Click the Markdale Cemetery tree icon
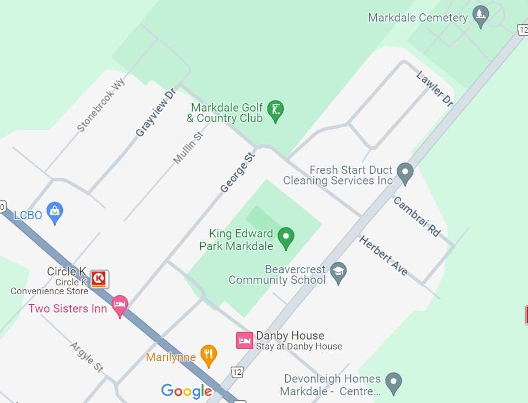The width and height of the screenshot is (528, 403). [x=481, y=17]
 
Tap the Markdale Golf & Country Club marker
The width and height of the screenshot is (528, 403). [x=275, y=110]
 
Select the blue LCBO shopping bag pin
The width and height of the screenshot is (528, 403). [x=55, y=213]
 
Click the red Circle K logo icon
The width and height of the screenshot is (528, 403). [x=99, y=279]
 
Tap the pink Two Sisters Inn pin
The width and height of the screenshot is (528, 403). [x=120, y=305]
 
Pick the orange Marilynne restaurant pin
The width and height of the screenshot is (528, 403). [x=208, y=356]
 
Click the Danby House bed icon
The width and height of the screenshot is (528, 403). [x=244, y=340]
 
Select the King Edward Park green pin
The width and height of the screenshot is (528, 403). [x=285, y=238]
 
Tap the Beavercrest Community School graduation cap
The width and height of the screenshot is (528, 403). [x=338, y=272]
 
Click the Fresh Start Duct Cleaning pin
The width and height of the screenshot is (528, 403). [x=405, y=172]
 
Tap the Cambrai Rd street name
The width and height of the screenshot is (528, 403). [x=417, y=216]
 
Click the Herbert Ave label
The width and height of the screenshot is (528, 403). [x=383, y=256]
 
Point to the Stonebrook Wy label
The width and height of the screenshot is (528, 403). [x=101, y=105]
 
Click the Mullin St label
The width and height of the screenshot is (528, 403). [x=188, y=148]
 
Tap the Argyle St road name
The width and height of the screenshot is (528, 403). [x=87, y=356]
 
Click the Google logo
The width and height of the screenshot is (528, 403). [x=186, y=391]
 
